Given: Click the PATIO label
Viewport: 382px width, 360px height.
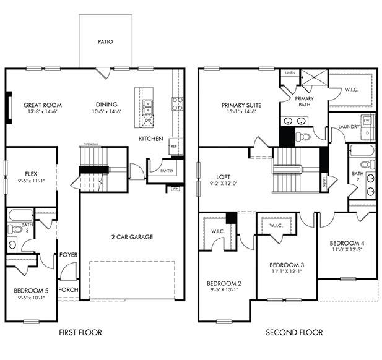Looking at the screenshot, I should point(105,42).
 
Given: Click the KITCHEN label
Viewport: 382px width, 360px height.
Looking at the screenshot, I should point(150,139).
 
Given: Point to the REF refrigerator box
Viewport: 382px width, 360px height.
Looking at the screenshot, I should point(174,146).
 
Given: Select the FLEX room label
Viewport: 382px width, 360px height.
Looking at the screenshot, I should point(33,174).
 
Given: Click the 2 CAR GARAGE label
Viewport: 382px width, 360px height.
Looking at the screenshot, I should point(131,237).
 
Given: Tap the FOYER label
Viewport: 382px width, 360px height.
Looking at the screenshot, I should point(67,255).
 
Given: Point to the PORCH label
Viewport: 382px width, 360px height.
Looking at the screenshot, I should point(67,289).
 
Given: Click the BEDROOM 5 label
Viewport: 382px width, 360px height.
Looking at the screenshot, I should point(31,291).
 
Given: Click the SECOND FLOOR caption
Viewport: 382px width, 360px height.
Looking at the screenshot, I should point(294,333).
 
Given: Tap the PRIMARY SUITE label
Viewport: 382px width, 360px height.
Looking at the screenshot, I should point(241,105).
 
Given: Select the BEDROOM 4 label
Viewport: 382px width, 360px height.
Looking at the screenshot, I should point(347,243).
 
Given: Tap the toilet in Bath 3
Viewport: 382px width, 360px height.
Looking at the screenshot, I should point(17,229).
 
